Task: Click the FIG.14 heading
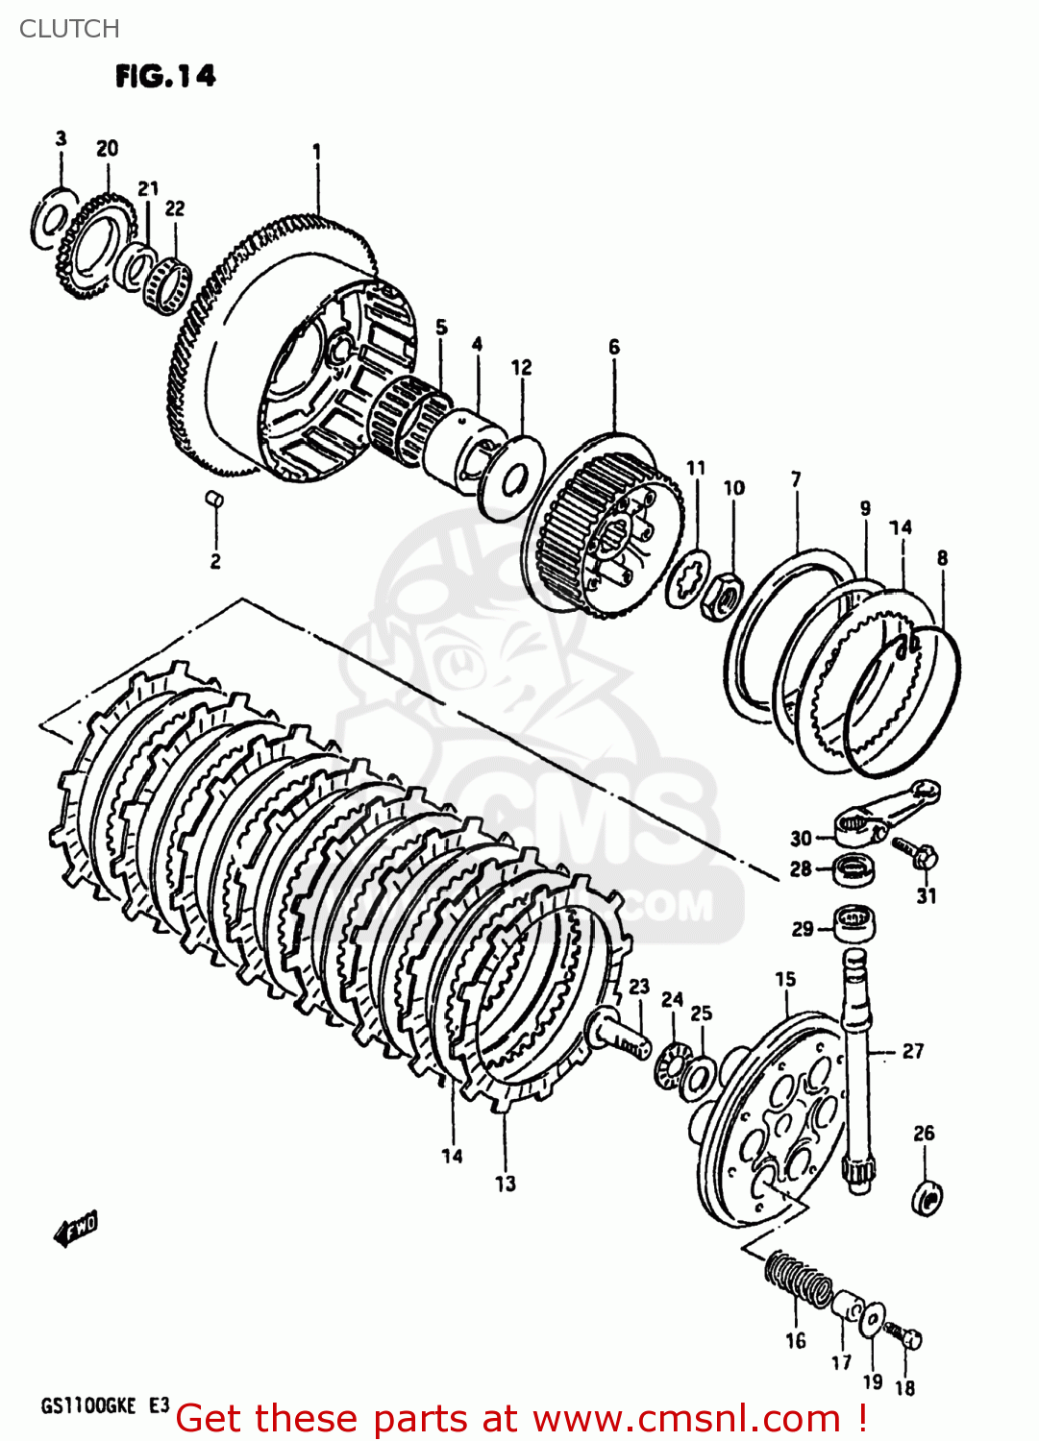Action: [165, 76]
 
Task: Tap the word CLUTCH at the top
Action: [69, 29]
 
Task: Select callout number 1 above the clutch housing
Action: [316, 152]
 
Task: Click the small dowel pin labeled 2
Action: [215, 497]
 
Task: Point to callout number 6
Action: [614, 347]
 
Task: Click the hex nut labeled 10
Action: [721, 598]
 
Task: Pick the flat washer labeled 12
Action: [510, 477]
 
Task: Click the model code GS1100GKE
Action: [88, 1406]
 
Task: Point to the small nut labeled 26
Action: [927, 1197]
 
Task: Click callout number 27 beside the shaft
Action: [912, 1051]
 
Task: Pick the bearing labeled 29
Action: [853, 922]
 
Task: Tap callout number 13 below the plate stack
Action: [506, 1184]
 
